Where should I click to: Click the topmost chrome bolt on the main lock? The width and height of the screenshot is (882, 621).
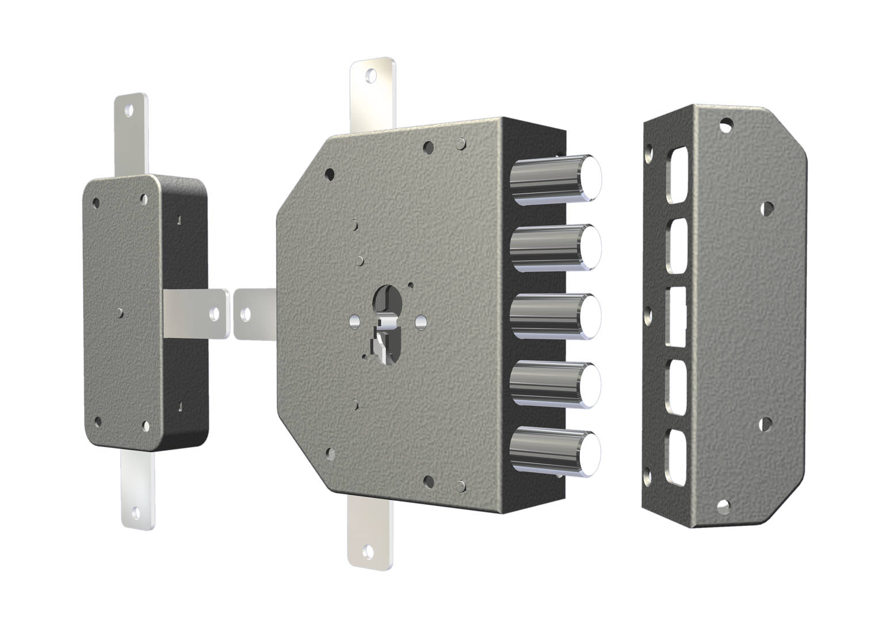click(555, 179)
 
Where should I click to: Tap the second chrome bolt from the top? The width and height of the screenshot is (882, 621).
click(555, 248)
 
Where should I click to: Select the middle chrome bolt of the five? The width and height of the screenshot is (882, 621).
click(555, 316)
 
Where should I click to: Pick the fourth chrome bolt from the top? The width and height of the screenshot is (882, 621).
click(555, 384)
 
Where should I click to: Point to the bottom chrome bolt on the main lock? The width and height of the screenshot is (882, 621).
click(555, 452)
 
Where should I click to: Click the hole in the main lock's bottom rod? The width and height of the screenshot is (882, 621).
click(366, 555)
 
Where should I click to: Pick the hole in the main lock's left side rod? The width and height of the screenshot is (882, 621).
click(246, 314)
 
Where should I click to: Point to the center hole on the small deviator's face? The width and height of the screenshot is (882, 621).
click(120, 312)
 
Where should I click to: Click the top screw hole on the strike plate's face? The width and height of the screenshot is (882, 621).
click(727, 123)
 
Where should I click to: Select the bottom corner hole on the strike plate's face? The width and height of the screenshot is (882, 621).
click(722, 507)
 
